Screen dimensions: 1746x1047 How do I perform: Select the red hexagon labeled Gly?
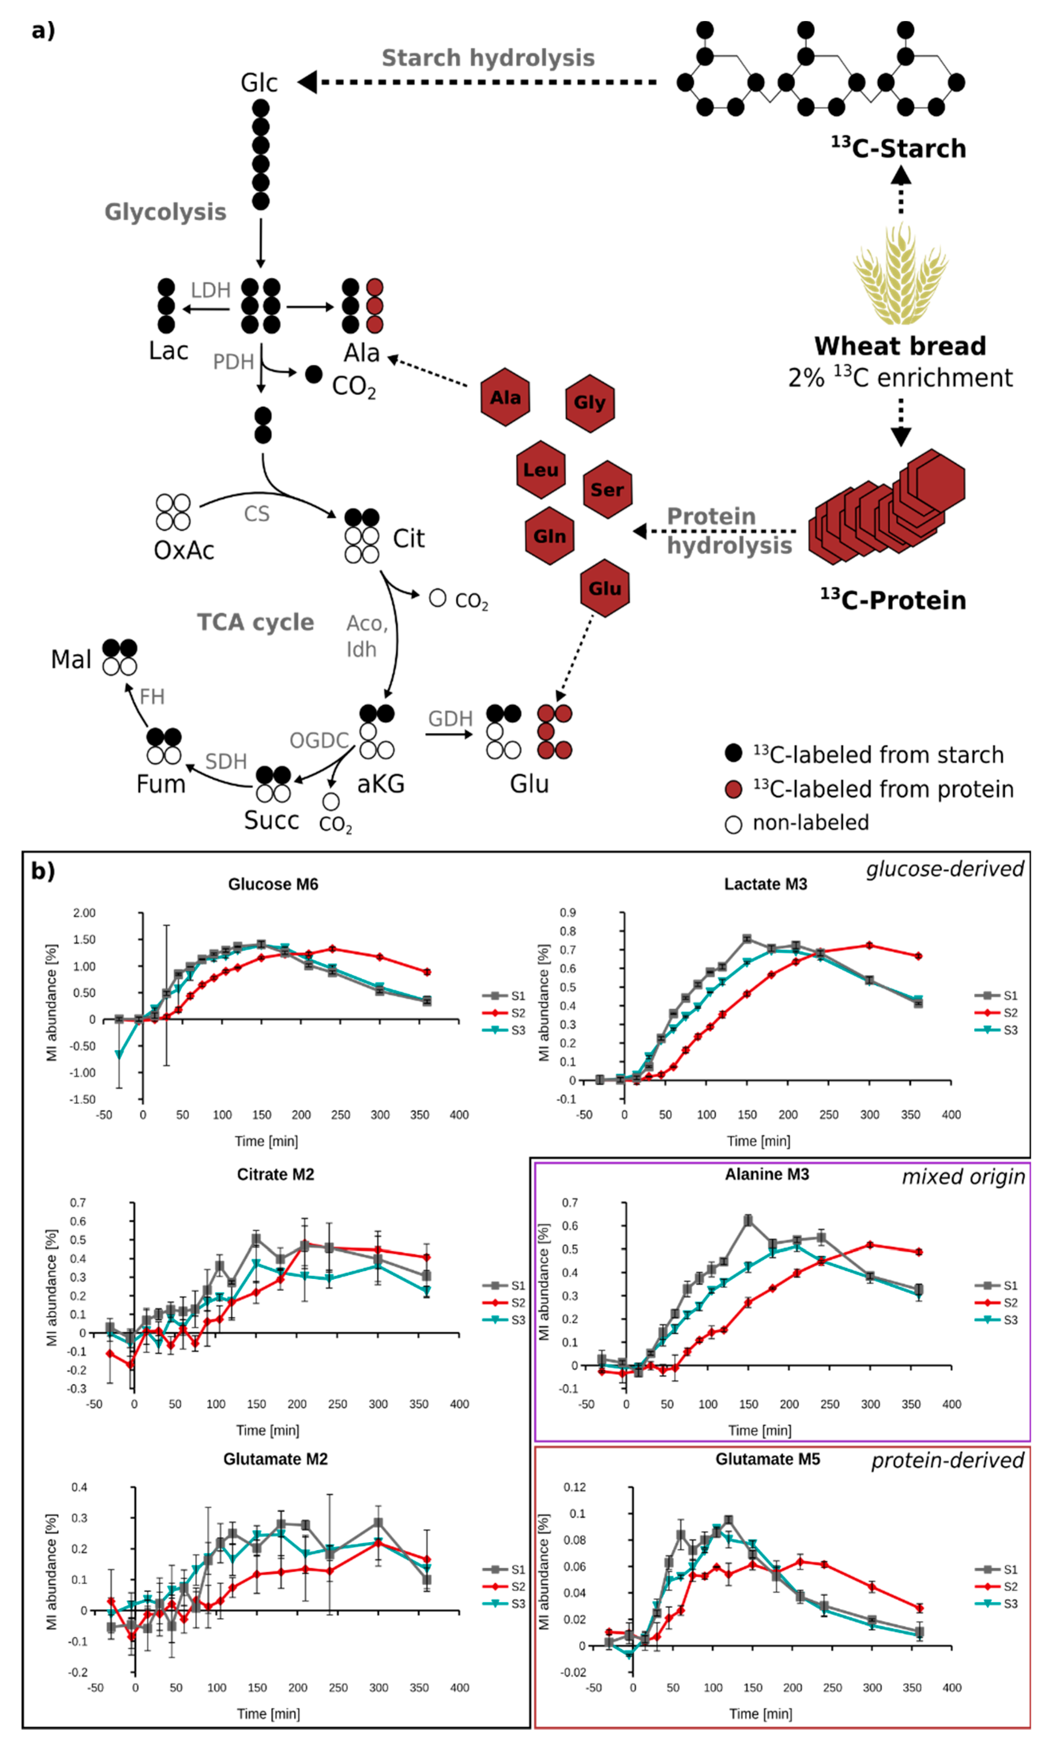pyautogui.click(x=589, y=402)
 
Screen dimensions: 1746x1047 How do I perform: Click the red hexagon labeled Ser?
pyautogui.click(x=607, y=490)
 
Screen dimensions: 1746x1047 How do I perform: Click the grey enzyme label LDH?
pyautogui.click(x=210, y=290)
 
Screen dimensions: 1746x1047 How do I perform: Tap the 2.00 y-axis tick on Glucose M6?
pyautogui.click(x=84, y=913)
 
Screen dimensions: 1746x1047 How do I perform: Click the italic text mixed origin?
pyautogui.click(x=963, y=1177)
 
